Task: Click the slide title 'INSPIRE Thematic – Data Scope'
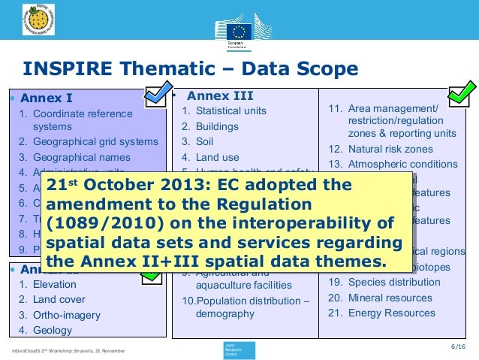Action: tap(191, 70)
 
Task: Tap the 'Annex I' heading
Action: tap(47, 98)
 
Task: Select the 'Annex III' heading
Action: tap(219, 95)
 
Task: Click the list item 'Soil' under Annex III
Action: tap(205, 141)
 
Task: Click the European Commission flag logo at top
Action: tap(240, 31)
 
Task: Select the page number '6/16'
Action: tap(457, 346)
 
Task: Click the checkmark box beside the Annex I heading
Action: tap(158, 95)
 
